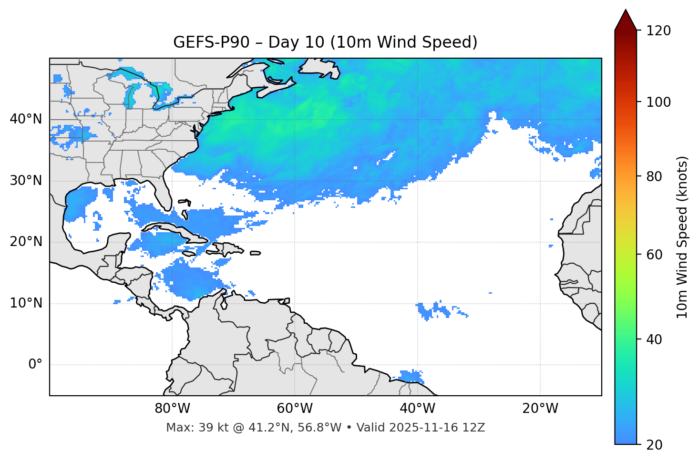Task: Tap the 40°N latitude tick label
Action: (x=26, y=119)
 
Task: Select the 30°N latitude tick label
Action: (x=26, y=181)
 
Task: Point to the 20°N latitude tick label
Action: (x=26, y=242)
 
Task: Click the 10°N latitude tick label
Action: (x=26, y=303)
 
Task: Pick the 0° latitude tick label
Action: (x=35, y=365)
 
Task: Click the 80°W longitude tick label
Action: (x=172, y=409)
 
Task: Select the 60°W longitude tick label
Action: (x=295, y=409)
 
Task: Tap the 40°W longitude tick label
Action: (x=417, y=409)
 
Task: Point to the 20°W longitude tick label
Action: (x=540, y=409)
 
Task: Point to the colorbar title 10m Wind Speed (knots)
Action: (x=682, y=237)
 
